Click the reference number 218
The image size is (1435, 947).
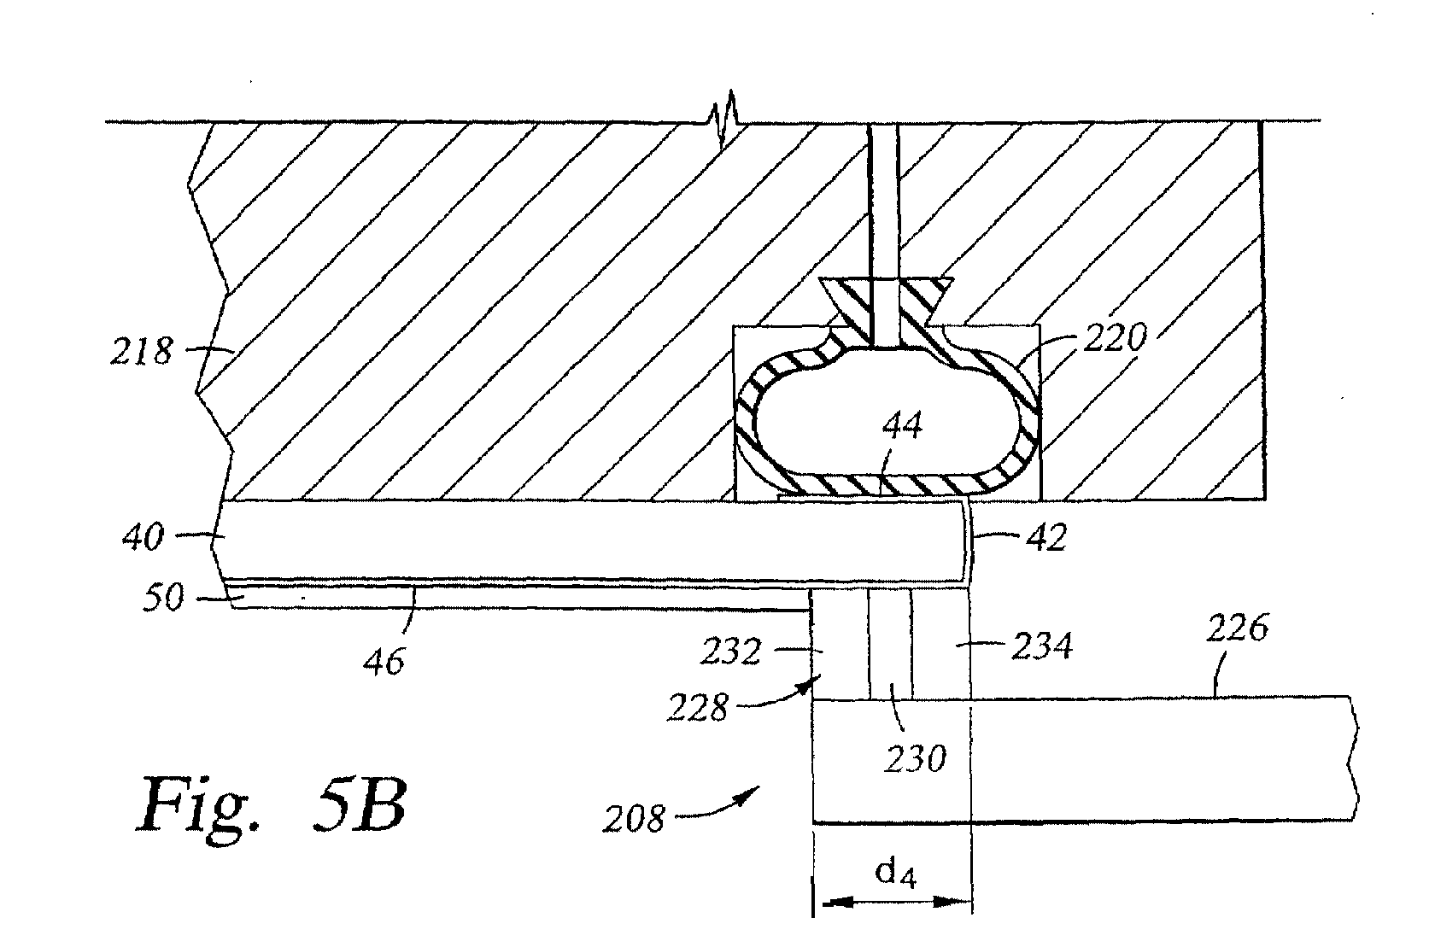[x=141, y=352]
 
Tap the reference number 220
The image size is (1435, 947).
[x=1115, y=338]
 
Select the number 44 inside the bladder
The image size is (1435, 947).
[x=902, y=425]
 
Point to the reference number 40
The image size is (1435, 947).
[x=143, y=536]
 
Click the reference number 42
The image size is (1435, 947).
[x=1047, y=537]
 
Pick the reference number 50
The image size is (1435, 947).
[x=162, y=597]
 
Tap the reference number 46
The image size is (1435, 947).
[x=384, y=662]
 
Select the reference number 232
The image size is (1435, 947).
[x=730, y=652]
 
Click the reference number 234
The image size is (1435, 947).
[x=1042, y=646]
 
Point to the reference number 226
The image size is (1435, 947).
[x=1237, y=628]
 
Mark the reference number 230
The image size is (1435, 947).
[x=915, y=759]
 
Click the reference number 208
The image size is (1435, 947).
[x=634, y=819]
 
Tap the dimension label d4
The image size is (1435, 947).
[x=895, y=874]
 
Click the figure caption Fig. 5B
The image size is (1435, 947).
[x=272, y=804]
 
